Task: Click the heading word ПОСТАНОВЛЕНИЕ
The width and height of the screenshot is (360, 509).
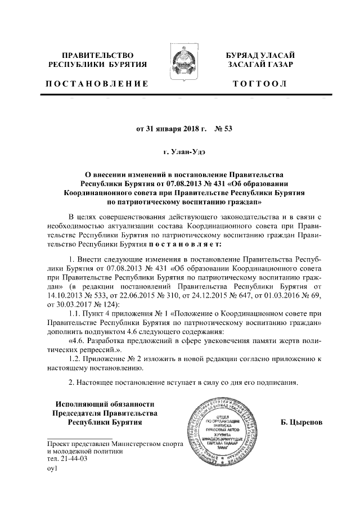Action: coord(96,84)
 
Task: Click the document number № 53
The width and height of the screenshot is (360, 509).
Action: coord(223,128)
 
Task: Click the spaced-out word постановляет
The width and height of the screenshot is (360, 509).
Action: coord(186,245)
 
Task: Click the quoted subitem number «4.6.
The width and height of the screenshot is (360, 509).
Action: coord(78,341)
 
